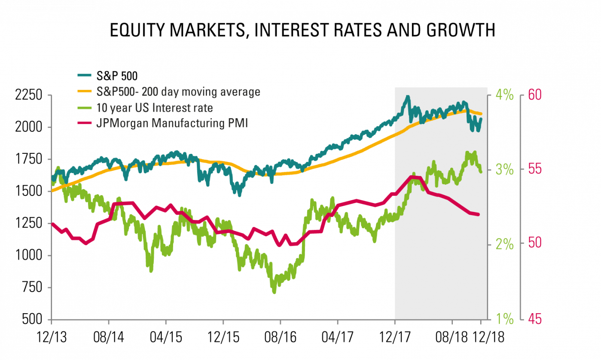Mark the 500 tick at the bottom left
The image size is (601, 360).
coord(32,319)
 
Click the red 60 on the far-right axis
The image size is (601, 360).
coord(534,95)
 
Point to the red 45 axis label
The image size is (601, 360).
coord(534,319)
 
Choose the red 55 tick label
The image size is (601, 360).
coord(534,169)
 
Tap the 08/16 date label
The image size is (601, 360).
coord(280,336)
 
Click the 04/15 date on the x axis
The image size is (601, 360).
coord(166,336)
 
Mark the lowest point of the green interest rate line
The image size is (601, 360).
coord(274,293)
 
